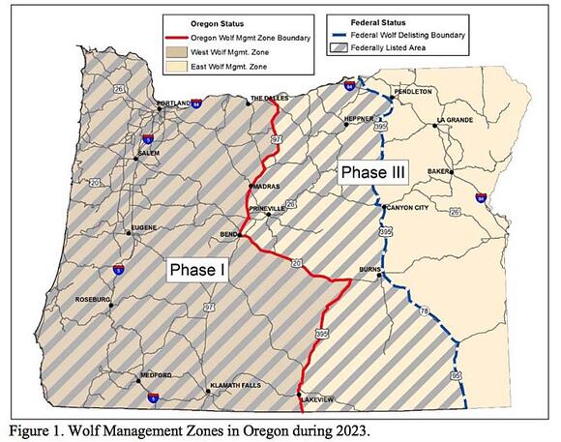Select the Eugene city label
click(x=143, y=230)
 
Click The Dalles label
click(x=269, y=99)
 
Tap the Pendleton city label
click(x=412, y=92)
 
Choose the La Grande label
click(x=455, y=120)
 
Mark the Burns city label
click(x=369, y=271)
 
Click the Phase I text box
click(x=197, y=271)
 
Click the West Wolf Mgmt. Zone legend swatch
click(x=179, y=48)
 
